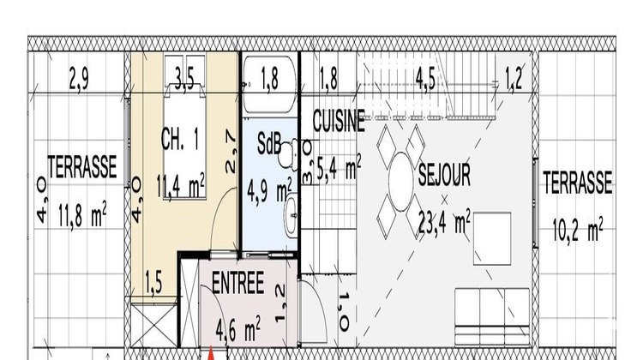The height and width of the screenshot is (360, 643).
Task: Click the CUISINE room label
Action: pos(339,122)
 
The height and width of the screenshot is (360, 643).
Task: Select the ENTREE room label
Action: pos(237,285)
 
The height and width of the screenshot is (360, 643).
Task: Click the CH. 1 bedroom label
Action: pos(181,140)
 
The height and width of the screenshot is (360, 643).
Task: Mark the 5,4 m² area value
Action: pos(339,168)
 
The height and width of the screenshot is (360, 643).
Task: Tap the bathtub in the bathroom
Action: pos(269,84)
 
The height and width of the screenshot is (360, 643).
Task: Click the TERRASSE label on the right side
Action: pos(577,182)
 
